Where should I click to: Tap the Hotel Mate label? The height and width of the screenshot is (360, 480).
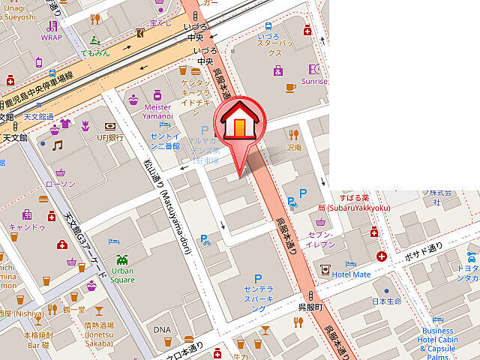(352, 274)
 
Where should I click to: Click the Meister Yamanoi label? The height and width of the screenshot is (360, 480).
(157, 112)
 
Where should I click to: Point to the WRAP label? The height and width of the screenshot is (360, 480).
(52, 37)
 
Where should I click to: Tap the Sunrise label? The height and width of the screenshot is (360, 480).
(314, 82)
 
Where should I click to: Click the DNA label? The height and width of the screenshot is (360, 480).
(162, 330)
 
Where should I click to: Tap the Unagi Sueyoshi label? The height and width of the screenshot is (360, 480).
(17, 11)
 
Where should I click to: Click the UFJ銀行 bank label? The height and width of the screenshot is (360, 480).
(109, 137)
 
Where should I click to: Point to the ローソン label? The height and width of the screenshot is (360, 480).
(60, 184)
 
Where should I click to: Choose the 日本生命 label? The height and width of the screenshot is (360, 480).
(387, 301)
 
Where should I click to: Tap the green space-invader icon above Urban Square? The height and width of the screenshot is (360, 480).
(122, 259)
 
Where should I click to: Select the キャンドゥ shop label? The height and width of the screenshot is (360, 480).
(27, 226)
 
